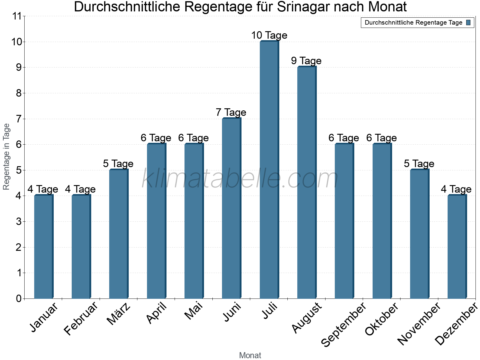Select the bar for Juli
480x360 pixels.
pos(269,169)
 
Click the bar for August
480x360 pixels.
pos(307,182)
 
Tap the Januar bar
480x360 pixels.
pos(43,247)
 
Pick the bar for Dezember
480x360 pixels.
pos(457,247)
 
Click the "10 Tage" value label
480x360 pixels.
pos(269,35)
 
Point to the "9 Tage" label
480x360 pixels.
pos(306,61)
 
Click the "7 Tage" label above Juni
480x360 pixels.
pos(231,112)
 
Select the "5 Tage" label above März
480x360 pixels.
pos(118,164)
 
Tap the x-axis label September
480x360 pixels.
pos(344,324)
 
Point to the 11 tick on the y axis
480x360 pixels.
pos(17,16)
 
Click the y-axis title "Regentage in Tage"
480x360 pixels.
pos(6,157)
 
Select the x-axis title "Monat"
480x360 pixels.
pos(250,355)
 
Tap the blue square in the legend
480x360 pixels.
pos(469,22)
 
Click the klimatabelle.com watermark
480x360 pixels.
pos(240,179)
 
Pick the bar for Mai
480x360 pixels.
pos(194,221)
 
